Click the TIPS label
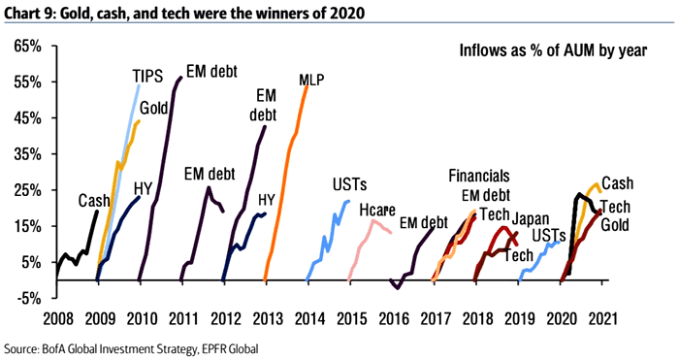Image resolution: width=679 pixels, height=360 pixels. (x=148, y=76)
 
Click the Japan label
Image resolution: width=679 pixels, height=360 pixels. (x=532, y=218)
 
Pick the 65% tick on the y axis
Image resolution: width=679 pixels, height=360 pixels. (x=26, y=47)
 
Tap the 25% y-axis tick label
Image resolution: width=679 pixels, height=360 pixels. (x=26, y=190)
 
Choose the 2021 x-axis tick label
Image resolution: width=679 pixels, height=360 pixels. (x=602, y=317)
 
